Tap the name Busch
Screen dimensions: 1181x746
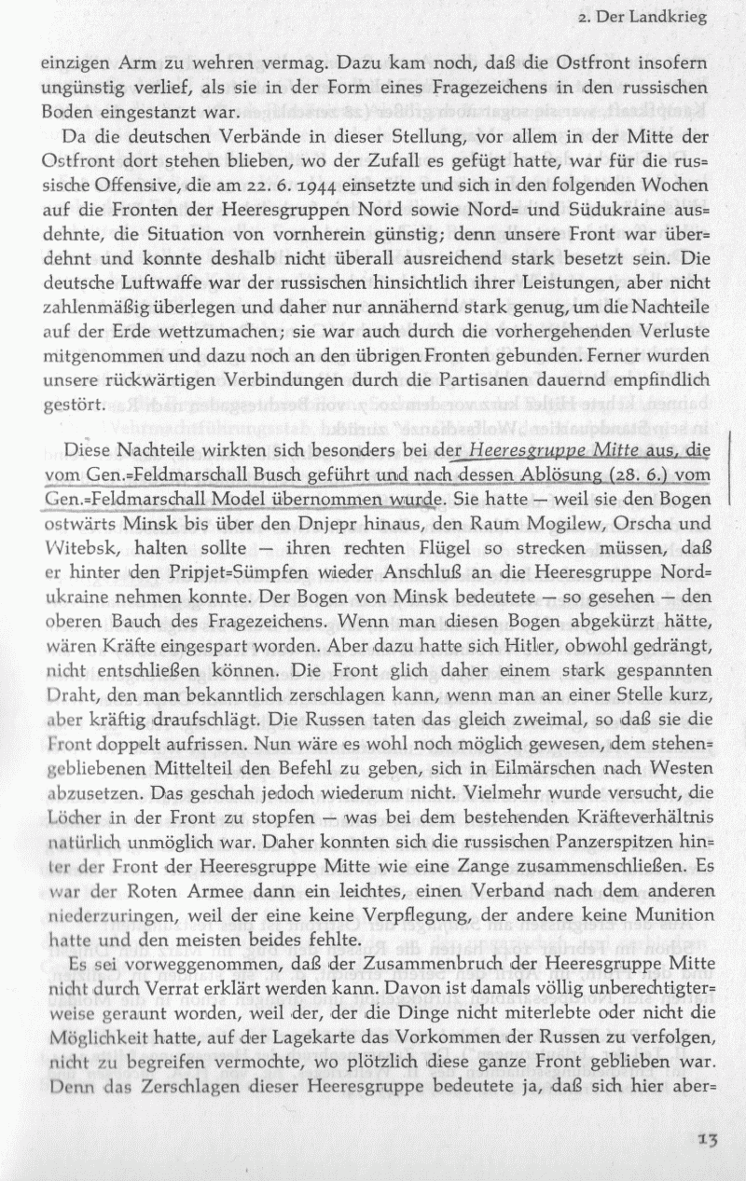coord(263,475)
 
